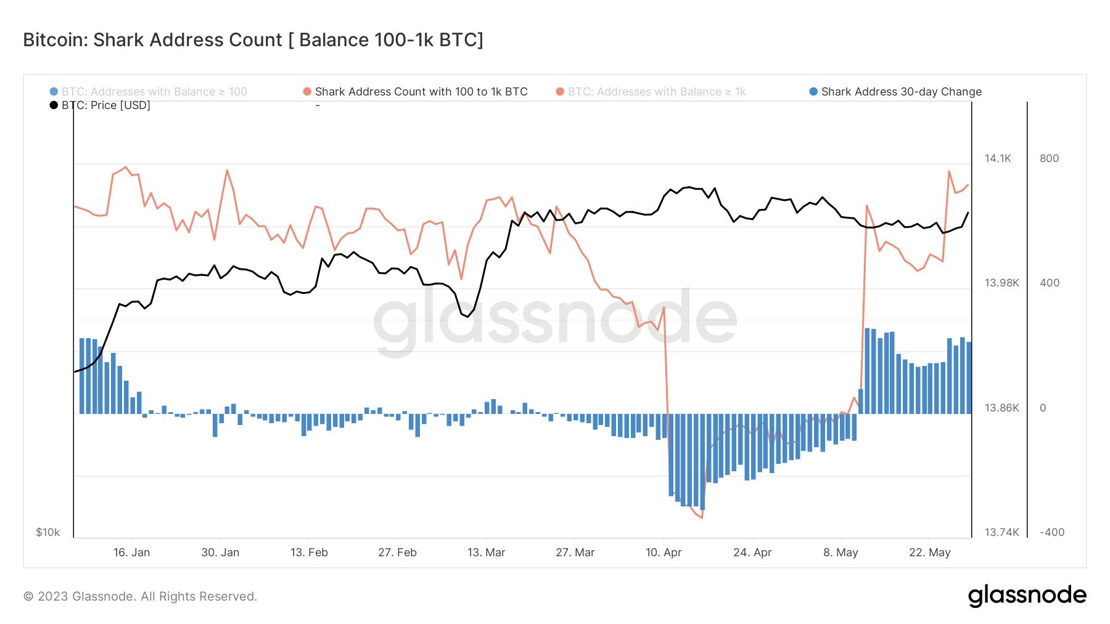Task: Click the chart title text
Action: (253, 40)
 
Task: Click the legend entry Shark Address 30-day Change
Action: (900, 92)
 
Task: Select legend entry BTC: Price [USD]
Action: (105, 105)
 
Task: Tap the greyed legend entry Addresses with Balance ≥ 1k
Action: (656, 92)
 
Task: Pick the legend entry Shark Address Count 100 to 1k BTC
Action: (421, 92)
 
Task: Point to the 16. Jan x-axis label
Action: (131, 553)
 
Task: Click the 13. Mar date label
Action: (486, 553)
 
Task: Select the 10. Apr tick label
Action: (664, 553)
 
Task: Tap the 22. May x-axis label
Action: (929, 553)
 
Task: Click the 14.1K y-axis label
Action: (997, 158)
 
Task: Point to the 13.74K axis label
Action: (1001, 532)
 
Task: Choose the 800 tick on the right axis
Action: (1049, 158)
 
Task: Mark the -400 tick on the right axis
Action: (1051, 532)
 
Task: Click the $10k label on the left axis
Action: (47, 532)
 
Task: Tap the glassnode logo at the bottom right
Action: (1027, 596)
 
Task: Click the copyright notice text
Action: (140, 596)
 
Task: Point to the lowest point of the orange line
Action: (702, 517)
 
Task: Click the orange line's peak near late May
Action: (948, 171)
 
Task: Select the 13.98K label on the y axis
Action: (1001, 283)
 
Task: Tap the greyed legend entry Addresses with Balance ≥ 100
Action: (154, 92)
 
